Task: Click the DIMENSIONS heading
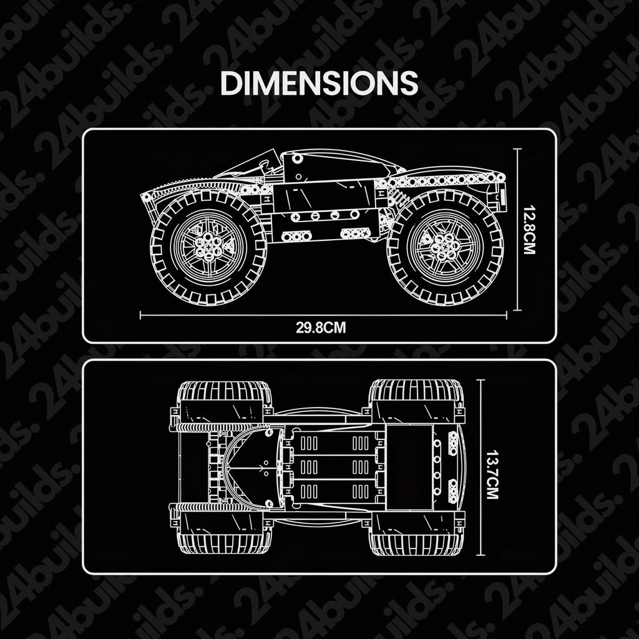[x=319, y=83]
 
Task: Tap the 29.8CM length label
[x=321, y=328]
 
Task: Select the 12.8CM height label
[x=529, y=230]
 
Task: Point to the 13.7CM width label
[x=492, y=474]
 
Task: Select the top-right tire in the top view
[x=417, y=401]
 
